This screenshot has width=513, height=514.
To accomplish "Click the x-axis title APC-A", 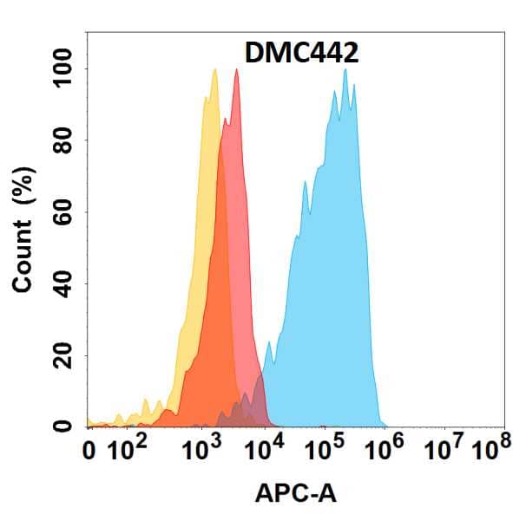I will click(296, 494).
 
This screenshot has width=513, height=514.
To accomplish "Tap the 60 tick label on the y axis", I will click(63, 212).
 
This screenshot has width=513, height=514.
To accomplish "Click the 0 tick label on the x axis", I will click(89, 452).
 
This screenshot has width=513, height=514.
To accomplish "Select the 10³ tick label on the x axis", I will click(204, 450).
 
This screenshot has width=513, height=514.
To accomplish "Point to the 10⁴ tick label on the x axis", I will click(265, 450).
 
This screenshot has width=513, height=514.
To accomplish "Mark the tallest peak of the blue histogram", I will click(345, 70).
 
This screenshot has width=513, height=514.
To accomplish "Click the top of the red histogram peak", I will click(236, 70).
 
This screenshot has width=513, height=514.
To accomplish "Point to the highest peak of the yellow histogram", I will click(214, 70).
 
